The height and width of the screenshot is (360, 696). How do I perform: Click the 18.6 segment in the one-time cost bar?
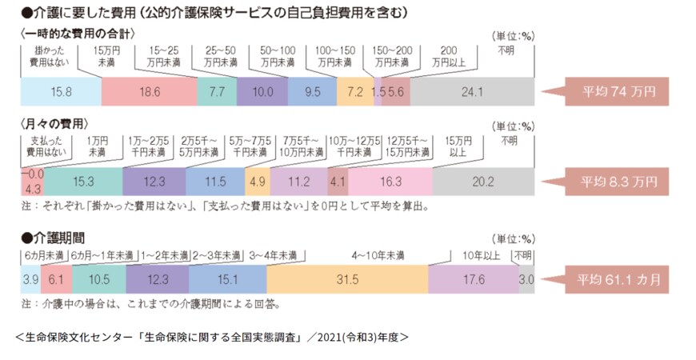pyautogui.click(x=149, y=92)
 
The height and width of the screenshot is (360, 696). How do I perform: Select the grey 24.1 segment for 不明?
pyautogui.click(x=472, y=92)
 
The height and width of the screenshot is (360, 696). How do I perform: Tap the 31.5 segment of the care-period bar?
pyautogui.click(x=347, y=279)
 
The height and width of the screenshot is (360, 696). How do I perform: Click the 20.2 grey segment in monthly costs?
pyautogui.click(x=484, y=182)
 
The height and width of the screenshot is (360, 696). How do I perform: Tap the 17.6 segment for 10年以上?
pyautogui.click(x=474, y=279)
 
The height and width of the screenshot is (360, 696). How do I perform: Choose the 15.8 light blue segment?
pyautogui.click(x=61, y=92)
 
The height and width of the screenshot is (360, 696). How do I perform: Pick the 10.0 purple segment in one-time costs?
pyautogui.click(x=262, y=92)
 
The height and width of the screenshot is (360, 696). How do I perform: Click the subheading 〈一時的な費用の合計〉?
pyautogui.click(x=76, y=34)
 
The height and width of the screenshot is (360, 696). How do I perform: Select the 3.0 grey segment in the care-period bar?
pyautogui.click(x=526, y=279)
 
